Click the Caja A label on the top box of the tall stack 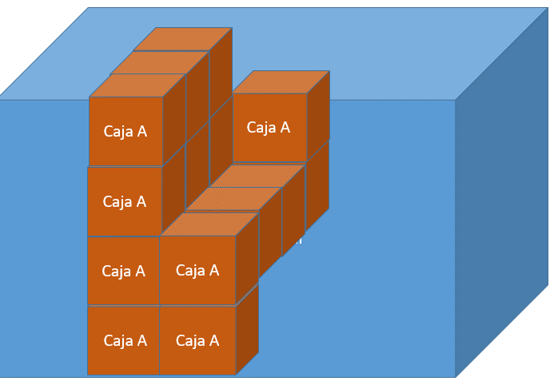tap(125, 132)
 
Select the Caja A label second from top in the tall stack tap(125, 202)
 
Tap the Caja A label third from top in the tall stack tap(124, 272)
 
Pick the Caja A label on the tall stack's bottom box tap(125, 341)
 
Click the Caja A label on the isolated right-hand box tap(268, 128)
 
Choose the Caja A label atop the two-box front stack tap(197, 271)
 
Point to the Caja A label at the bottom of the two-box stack tap(197, 341)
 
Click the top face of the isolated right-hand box tap(281, 82)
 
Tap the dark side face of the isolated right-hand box tap(318, 116)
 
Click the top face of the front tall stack tap(137, 85)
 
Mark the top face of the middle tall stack tap(159, 63)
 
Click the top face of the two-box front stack tap(209, 224)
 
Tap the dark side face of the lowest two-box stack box tap(247, 328)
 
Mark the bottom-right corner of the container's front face tap(455, 376)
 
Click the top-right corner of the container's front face tap(455, 100)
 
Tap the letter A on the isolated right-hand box tap(284, 128)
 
